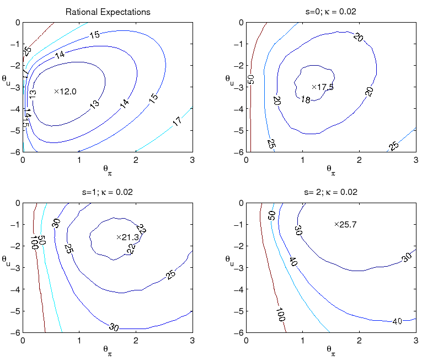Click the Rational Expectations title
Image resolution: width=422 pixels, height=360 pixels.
click(108, 12)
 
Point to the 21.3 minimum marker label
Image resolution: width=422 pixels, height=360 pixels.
click(127, 237)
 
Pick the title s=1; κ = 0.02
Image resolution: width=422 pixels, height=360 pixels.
click(108, 192)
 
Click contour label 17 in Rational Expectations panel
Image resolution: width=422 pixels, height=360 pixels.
click(178, 121)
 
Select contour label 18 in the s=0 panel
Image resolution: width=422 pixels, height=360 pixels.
click(305, 100)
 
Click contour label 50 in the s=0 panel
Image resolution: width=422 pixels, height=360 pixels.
click(252, 79)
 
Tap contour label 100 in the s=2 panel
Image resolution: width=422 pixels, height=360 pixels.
click(280, 315)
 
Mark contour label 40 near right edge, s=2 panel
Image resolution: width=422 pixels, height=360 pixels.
click(397, 321)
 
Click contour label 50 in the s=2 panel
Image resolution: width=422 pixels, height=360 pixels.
click(272, 215)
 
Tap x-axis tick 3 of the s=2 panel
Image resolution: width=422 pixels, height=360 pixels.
click(414, 340)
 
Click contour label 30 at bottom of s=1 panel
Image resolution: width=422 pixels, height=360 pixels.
click(114, 327)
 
